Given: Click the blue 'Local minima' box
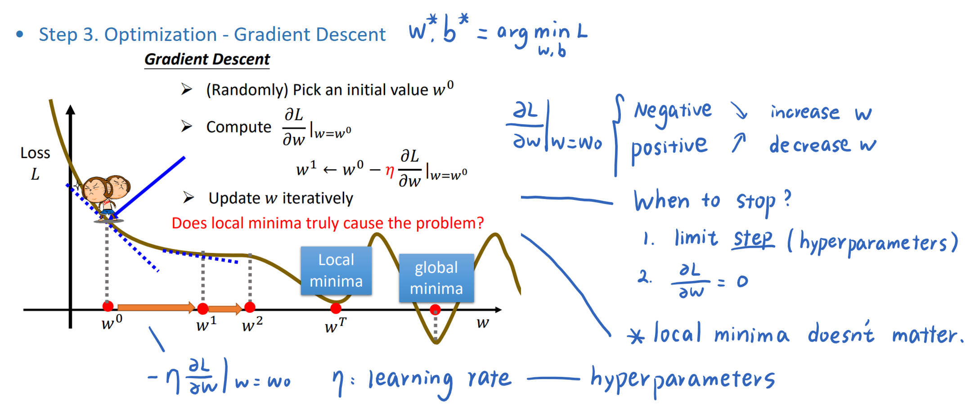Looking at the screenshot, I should [336, 271].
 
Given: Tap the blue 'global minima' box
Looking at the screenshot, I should [436, 278].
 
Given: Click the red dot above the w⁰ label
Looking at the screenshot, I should [108, 307].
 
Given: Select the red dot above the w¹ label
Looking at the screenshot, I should [203, 308].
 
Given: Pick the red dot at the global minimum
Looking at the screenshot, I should [435, 310].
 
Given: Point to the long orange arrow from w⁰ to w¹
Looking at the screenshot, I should [156, 308].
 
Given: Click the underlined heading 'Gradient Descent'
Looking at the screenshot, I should [207, 59].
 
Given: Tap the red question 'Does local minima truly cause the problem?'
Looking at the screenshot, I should [328, 223].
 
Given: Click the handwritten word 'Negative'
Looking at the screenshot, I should [673, 111].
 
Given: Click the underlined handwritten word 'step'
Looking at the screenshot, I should [753, 239].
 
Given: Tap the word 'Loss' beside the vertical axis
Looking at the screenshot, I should [35, 153].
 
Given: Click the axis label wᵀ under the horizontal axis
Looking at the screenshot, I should [335, 325].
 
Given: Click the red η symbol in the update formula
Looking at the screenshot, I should [390, 171].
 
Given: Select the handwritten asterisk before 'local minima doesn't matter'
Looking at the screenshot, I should [636, 336].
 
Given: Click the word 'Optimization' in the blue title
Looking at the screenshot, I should [161, 35].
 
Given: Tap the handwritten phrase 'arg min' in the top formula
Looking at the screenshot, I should [533, 33].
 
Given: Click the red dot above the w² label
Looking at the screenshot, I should [250, 307].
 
